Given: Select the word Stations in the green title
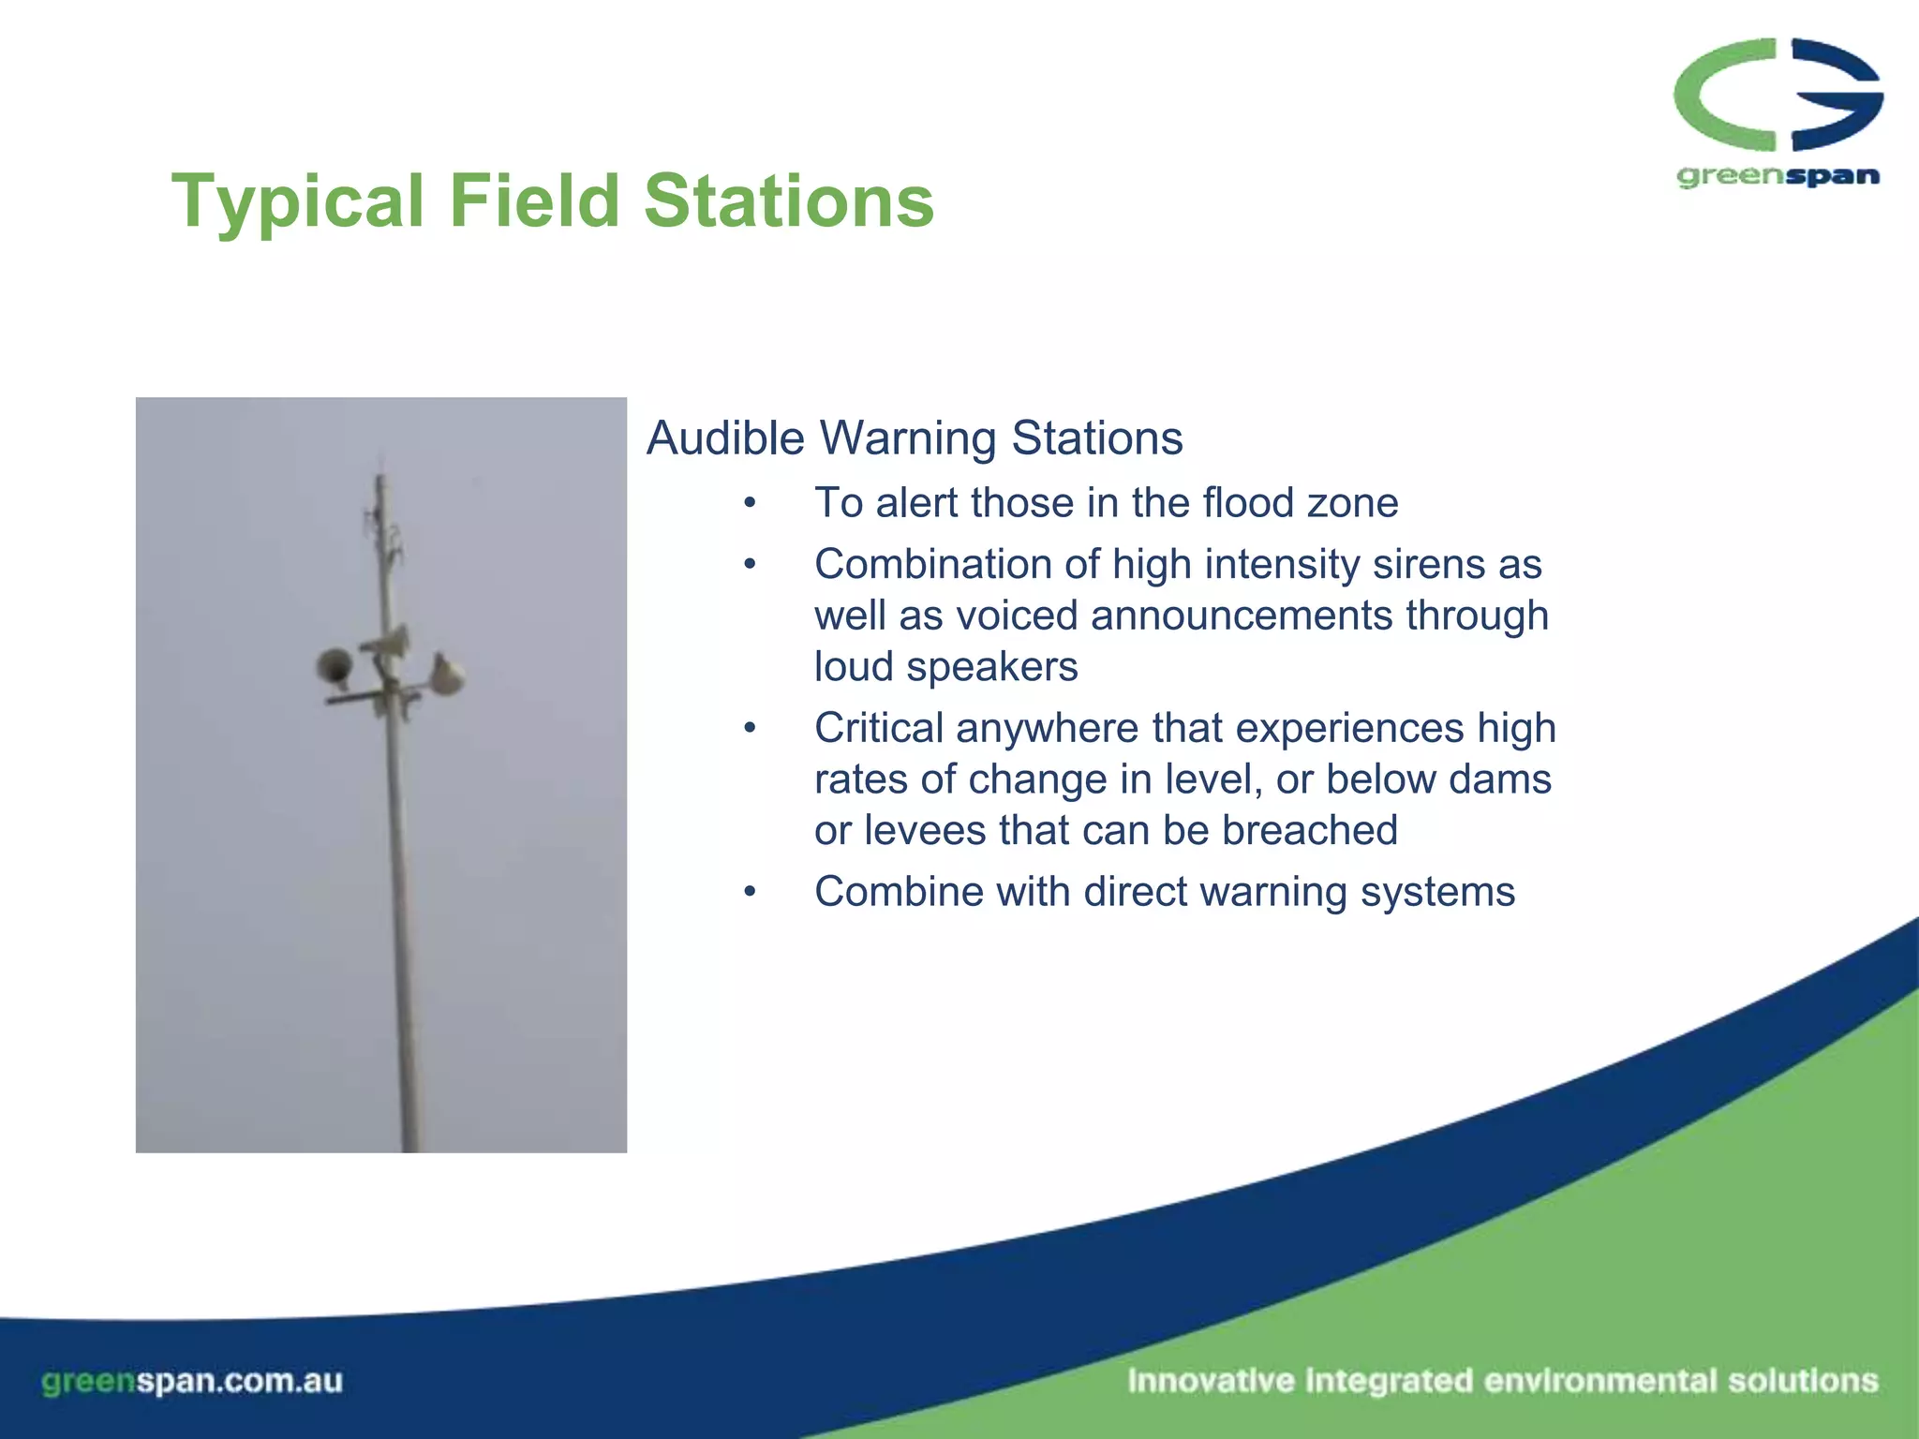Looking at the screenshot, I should pyautogui.click(x=789, y=201).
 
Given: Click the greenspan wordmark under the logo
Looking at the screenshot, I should pyautogui.click(x=1778, y=176).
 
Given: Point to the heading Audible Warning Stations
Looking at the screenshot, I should pyautogui.click(x=915, y=438).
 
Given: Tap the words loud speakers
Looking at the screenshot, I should pyautogui.click(x=945, y=667).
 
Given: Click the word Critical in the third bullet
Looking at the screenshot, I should pyautogui.click(x=878, y=728).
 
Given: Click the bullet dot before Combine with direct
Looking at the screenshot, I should pyautogui.click(x=750, y=892).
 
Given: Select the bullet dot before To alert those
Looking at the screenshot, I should pyautogui.click(x=750, y=504).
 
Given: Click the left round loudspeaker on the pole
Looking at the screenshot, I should pyautogui.click(x=334, y=667).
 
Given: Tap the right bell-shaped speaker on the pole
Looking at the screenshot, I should pyautogui.click(x=448, y=675).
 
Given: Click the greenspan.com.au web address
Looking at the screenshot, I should pyautogui.click(x=192, y=1382).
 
